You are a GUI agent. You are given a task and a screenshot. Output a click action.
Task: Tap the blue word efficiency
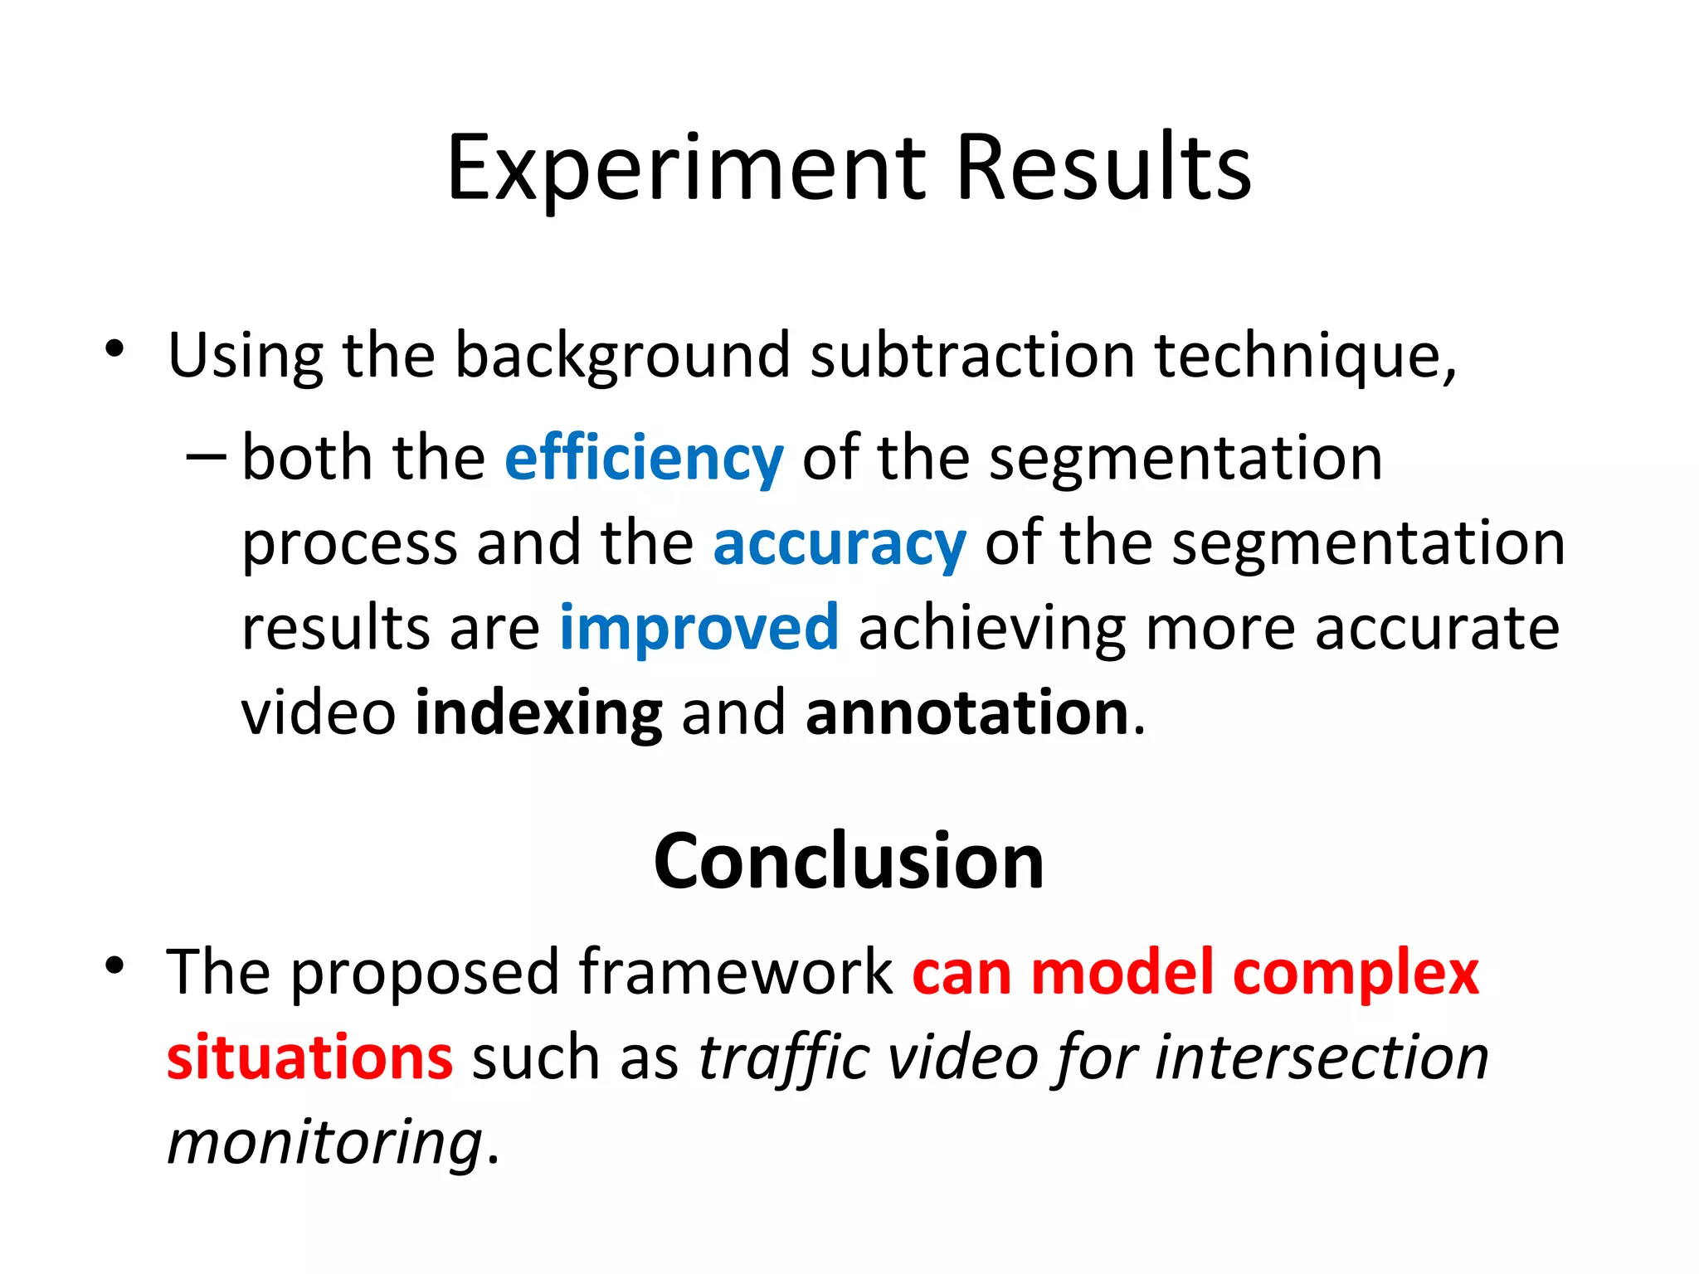644,458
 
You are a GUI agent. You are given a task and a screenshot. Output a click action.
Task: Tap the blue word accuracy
840,543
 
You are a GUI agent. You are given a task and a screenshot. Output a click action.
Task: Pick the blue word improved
699,628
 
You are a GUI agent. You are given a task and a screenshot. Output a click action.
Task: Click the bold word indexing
538,713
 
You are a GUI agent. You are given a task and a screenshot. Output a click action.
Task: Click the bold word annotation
967,713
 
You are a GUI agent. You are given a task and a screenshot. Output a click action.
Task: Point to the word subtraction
971,355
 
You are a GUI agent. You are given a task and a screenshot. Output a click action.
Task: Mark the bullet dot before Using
114,349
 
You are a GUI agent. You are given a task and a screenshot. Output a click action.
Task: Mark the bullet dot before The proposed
114,965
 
